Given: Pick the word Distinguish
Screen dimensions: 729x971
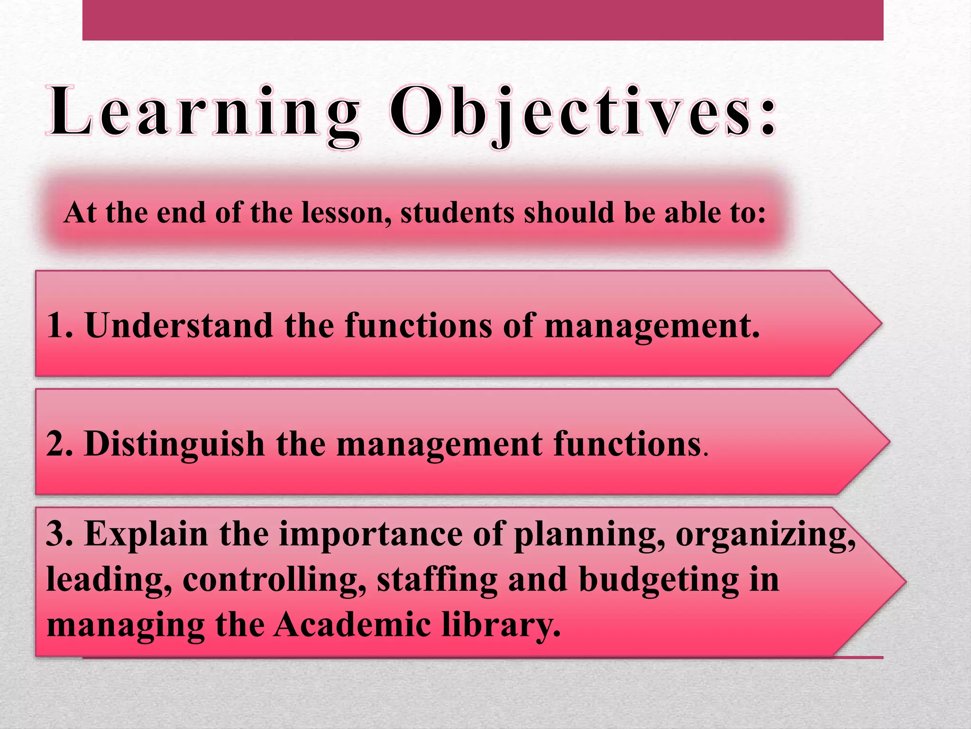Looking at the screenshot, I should (x=174, y=444).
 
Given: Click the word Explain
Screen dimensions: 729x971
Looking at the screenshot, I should (x=147, y=534).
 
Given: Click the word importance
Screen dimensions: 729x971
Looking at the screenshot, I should (x=370, y=534).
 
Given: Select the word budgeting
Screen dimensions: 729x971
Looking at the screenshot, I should (x=659, y=580).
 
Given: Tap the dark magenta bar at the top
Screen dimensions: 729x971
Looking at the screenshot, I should (x=483, y=20).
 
